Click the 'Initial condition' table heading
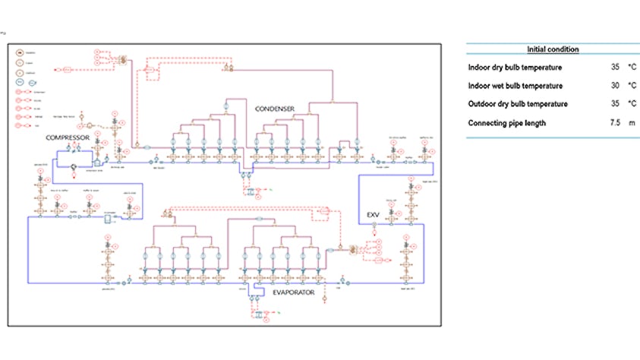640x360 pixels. coord(553,49)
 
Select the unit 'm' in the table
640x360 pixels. coord(631,122)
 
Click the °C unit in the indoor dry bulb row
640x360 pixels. coord(632,68)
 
